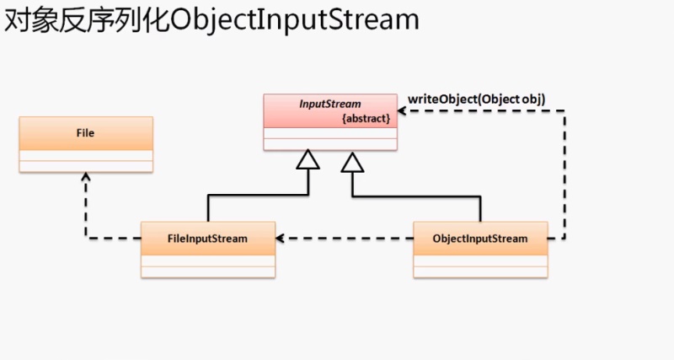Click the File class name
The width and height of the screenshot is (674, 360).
point(85,133)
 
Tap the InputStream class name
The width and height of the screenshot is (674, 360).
point(330,104)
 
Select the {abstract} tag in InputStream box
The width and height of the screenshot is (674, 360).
point(366,119)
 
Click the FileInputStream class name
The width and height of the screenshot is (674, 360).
point(207,239)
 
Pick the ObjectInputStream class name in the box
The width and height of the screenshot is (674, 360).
point(479,239)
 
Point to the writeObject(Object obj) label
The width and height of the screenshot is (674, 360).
point(476,99)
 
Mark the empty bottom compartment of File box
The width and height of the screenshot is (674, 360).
point(85,165)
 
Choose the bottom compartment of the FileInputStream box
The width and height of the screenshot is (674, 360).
point(207,270)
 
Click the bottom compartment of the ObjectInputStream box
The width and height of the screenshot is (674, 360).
point(480,270)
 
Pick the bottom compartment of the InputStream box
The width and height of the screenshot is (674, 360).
point(330,144)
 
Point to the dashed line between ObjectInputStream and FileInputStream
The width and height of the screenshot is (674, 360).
point(345,239)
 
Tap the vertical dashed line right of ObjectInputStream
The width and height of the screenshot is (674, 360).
point(564,177)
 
